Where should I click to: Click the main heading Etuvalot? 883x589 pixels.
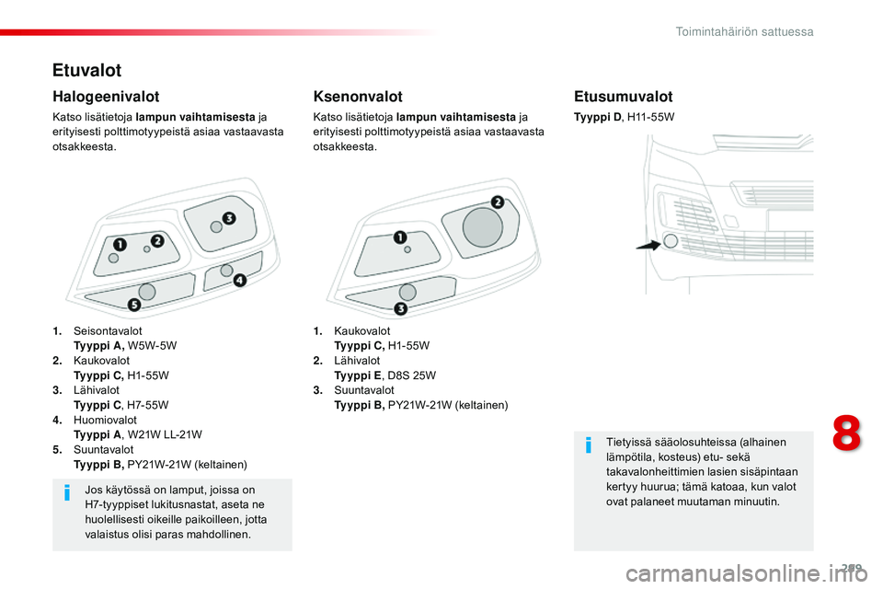(x=86, y=70)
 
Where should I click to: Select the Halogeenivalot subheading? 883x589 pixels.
(x=106, y=96)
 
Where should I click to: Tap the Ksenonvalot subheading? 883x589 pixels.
(x=358, y=96)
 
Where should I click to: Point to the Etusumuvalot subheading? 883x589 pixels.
(x=623, y=96)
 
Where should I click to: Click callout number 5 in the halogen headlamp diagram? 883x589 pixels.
(x=133, y=305)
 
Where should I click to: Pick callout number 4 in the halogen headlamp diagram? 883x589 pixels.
(x=240, y=280)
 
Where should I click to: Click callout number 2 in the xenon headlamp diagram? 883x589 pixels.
(x=497, y=202)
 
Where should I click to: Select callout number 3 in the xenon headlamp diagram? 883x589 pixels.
(x=400, y=307)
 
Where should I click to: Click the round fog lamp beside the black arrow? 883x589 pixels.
(x=671, y=240)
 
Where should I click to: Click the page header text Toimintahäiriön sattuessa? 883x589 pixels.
(x=744, y=31)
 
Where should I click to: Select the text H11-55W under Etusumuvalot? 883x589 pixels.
(x=650, y=117)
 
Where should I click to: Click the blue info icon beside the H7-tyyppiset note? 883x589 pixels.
(x=67, y=495)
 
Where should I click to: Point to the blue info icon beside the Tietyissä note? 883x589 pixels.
(x=589, y=447)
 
